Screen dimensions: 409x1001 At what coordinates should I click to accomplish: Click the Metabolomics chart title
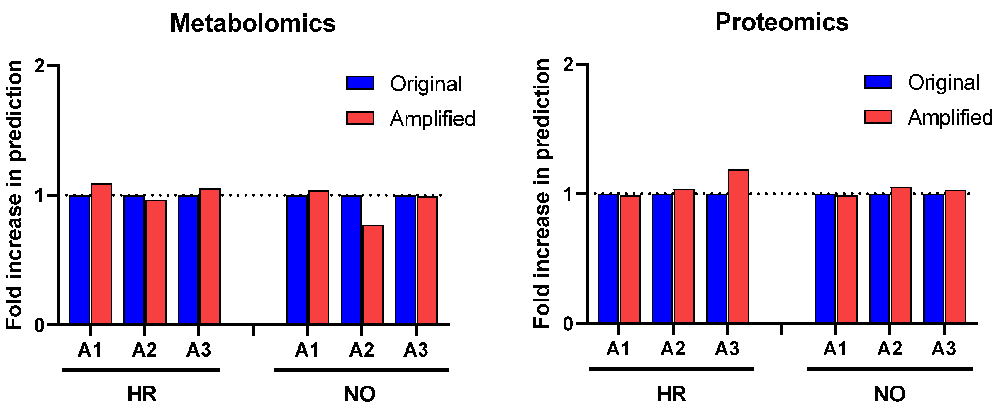click(x=252, y=23)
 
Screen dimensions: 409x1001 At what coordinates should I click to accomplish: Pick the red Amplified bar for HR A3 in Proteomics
click(x=738, y=246)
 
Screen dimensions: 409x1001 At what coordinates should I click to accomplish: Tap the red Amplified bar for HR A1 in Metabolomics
click(x=101, y=254)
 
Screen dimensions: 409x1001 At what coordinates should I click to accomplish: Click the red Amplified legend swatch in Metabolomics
click(x=360, y=118)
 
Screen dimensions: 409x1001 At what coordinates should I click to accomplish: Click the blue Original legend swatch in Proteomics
click(x=878, y=82)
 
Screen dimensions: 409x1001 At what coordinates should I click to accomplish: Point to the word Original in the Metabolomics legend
click(x=426, y=84)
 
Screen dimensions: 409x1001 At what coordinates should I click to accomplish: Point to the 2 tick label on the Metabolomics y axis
click(x=40, y=66)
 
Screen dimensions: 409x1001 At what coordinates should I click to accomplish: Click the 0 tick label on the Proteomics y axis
click(x=568, y=323)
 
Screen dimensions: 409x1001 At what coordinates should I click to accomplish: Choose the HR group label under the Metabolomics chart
click(x=142, y=394)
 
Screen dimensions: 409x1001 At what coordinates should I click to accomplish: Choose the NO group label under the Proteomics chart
click(x=890, y=394)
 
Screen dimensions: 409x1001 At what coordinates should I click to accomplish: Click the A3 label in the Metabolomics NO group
click(x=416, y=350)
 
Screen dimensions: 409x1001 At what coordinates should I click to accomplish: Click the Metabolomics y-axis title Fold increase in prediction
click(x=14, y=194)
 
